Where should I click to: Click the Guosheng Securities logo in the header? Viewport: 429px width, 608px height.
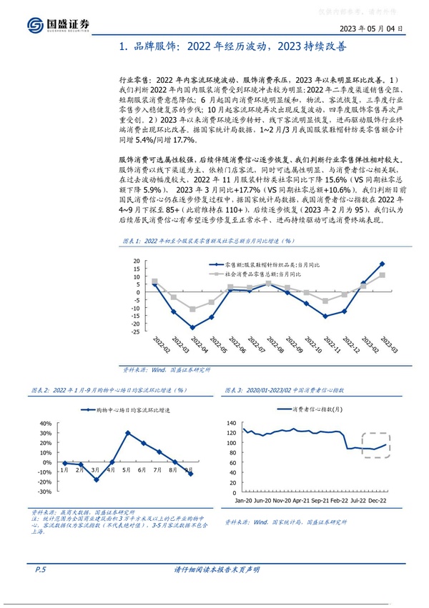coord(59,24)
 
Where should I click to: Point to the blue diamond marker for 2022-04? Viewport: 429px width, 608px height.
coord(192,327)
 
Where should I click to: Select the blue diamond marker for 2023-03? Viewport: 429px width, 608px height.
coord(382,264)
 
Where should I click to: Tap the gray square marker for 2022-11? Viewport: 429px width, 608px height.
coord(325,301)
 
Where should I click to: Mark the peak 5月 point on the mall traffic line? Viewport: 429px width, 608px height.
coord(127,433)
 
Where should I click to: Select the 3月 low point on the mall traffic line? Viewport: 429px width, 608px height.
coord(96,479)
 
